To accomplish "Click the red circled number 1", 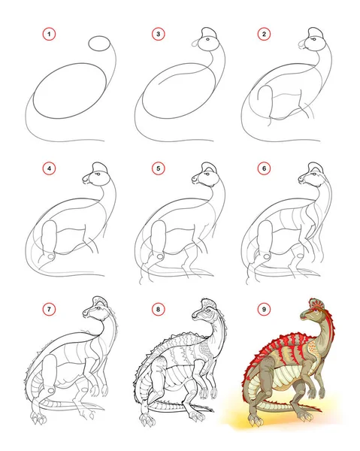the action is (x=49, y=35).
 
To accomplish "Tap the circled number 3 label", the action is (x=158, y=35).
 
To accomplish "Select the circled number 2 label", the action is (x=264, y=35).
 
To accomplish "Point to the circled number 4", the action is (x=49, y=168).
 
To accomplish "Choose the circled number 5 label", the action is (x=158, y=168).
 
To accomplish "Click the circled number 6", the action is (x=264, y=168).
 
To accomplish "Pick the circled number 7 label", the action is (x=49, y=309).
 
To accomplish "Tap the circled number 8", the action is (x=158, y=309).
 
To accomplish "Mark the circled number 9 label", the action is (x=264, y=309).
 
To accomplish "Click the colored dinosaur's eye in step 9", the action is (x=314, y=310).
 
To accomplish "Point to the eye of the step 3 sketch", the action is (x=207, y=39).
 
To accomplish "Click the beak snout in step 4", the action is (x=86, y=179).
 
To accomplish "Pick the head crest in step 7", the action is (x=100, y=301).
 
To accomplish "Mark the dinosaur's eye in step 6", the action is (x=313, y=174).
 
